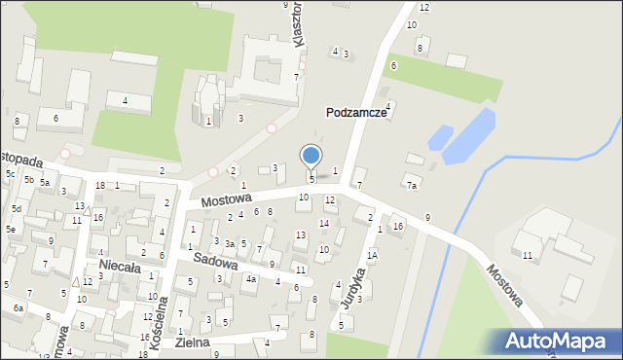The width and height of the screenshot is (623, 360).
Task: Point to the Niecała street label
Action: click(120, 266)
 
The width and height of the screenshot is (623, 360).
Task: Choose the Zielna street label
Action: click(194, 342)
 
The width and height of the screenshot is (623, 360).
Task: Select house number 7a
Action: click(412, 185)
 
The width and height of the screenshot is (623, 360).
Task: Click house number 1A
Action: click(372, 255)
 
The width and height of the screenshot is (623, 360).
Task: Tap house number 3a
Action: click(230, 243)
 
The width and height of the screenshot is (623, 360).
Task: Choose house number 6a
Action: click(18, 307)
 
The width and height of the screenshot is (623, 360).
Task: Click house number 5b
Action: click(29, 180)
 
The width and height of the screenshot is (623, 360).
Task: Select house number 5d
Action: click(17, 208)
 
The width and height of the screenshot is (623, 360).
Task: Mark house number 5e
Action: click(11, 229)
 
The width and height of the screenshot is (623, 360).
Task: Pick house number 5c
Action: click(9, 174)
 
